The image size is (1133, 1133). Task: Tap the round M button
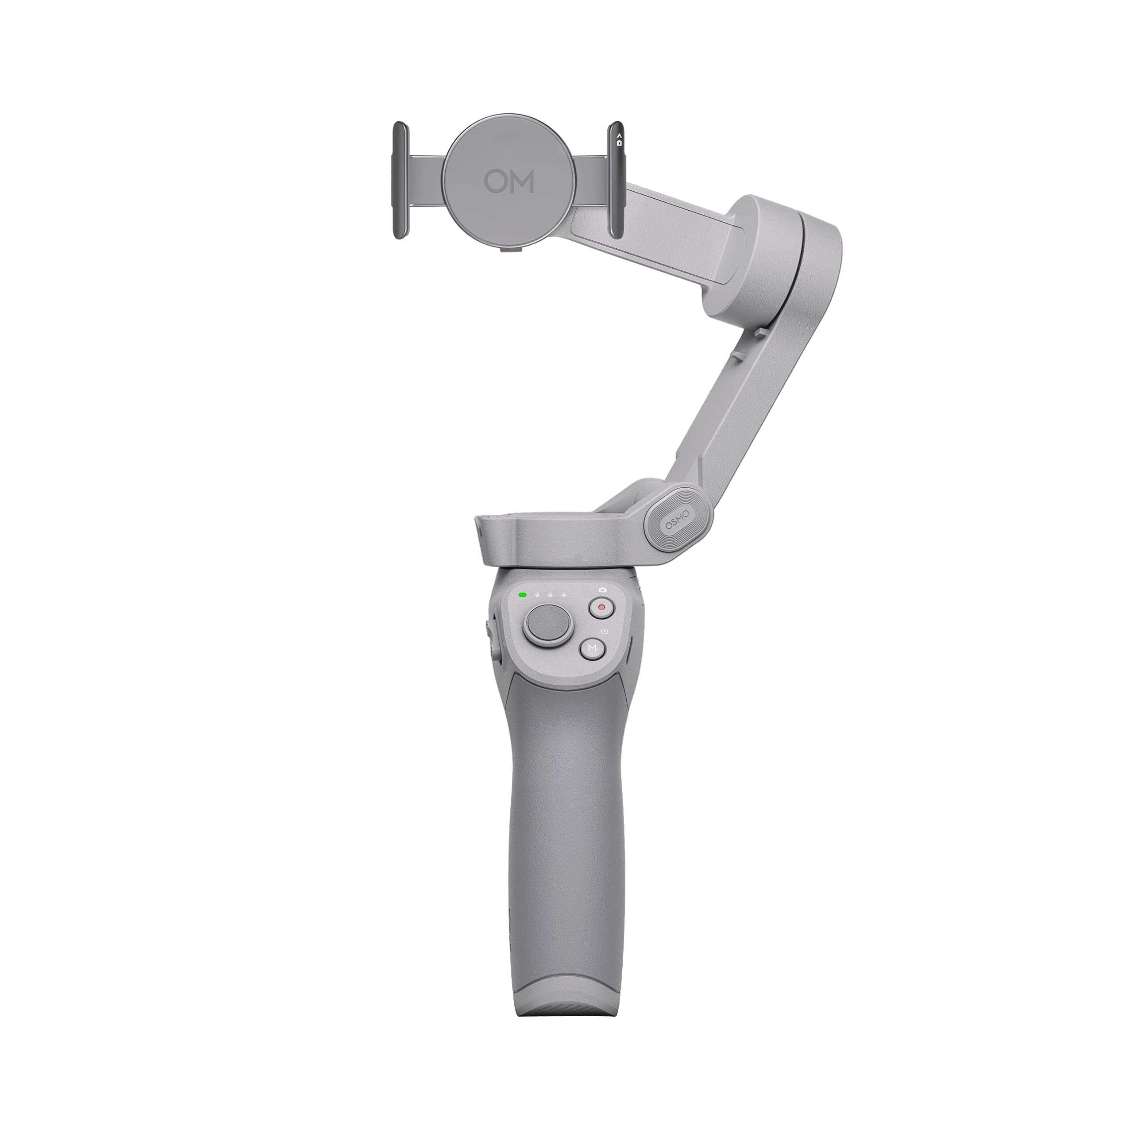pos(592,648)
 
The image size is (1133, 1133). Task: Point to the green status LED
pos(521,595)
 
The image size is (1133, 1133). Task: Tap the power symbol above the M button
pos(605,631)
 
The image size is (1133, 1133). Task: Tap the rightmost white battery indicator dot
pos(563,595)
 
